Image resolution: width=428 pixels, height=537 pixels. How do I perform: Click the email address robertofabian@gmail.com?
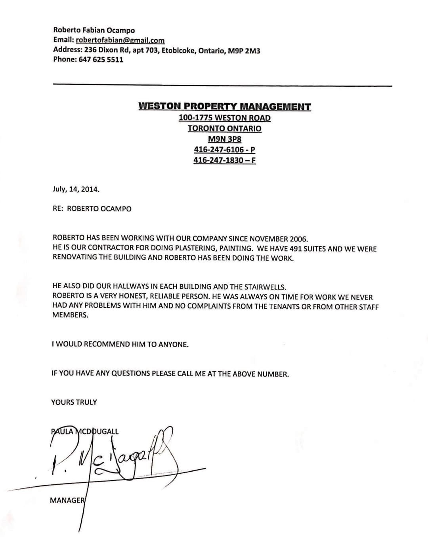[120, 40]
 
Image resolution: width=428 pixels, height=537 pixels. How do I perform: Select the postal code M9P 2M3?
[244, 51]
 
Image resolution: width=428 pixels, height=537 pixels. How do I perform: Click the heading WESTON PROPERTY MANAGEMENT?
[225, 107]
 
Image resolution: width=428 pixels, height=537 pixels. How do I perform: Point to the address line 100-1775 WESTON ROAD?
[225, 118]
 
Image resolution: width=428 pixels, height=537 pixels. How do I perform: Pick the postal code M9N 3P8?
[225, 139]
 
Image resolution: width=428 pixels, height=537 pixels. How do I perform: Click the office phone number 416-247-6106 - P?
[225, 150]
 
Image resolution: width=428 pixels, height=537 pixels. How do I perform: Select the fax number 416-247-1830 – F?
[225, 160]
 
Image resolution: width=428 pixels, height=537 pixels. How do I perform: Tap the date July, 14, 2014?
[76, 189]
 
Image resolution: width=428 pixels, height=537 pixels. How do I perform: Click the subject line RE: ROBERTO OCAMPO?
[92, 209]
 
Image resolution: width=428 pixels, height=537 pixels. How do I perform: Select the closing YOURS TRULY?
[74, 402]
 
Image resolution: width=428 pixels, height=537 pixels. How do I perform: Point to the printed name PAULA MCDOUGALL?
[85, 432]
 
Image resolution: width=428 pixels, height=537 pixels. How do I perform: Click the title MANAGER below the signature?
[67, 501]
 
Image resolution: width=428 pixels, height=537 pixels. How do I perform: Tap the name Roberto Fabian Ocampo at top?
[94, 30]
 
